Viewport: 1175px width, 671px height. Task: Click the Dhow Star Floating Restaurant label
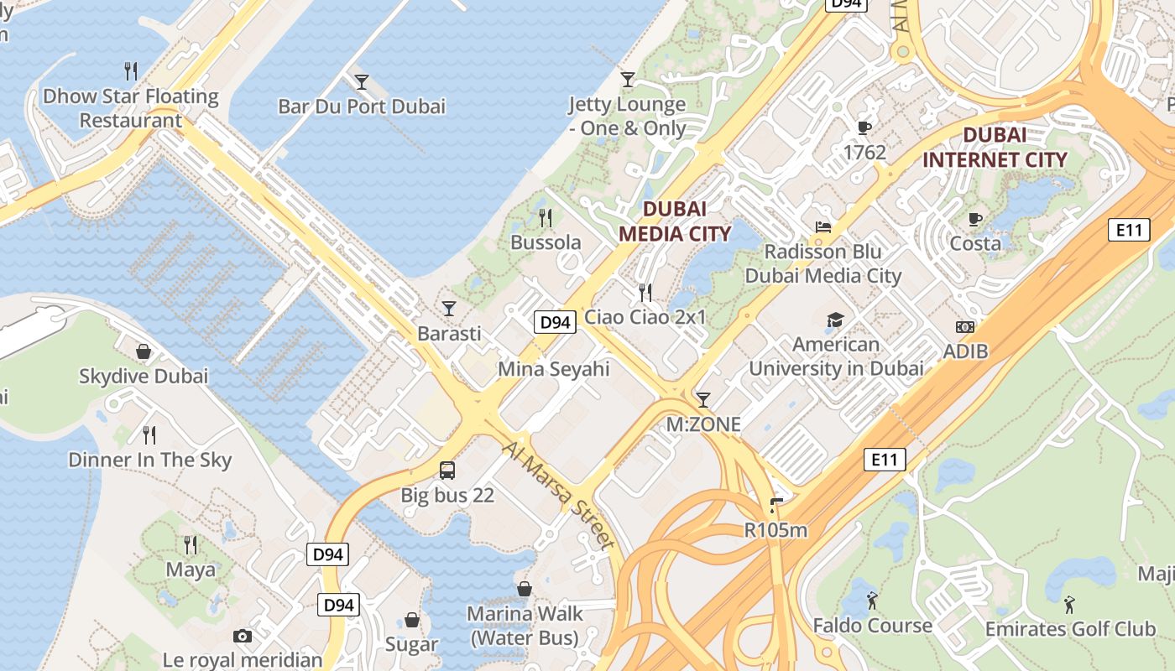click(x=130, y=108)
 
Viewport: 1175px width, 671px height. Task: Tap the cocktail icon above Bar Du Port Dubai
click(x=362, y=81)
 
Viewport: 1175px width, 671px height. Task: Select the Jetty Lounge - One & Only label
click(x=627, y=117)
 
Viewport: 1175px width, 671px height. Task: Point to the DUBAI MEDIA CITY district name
click(x=675, y=221)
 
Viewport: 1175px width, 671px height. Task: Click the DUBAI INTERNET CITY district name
click(x=995, y=147)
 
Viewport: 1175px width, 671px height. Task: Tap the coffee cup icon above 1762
click(x=864, y=127)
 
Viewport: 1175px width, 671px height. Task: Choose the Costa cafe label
click(x=974, y=243)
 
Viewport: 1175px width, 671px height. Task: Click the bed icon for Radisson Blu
click(x=822, y=227)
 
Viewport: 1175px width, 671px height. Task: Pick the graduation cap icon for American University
click(x=835, y=320)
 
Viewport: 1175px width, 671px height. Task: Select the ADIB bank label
click(x=965, y=351)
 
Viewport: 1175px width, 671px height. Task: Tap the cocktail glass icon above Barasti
click(x=449, y=309)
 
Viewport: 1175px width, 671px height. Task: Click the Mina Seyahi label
click(x=554, y=369)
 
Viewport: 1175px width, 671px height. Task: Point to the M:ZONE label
click(x=703, y=424)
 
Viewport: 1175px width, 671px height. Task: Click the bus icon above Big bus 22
click(x=447, y=471)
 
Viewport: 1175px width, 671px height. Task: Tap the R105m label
click(x=775, y=530)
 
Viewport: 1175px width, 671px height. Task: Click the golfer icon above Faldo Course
click(x=872, y=601)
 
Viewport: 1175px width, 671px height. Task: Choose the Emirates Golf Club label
click(x=1070, y=629)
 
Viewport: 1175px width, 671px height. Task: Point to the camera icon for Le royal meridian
click(x=243, y=636)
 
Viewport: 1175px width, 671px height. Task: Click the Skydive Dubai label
click(x=143, y=376)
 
